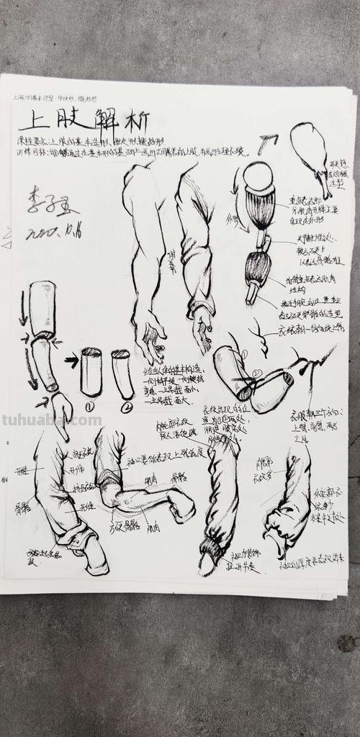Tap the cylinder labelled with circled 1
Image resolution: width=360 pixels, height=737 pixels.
91,372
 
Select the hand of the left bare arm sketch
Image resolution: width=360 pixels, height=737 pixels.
152,338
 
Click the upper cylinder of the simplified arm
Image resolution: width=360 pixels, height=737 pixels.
43,308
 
